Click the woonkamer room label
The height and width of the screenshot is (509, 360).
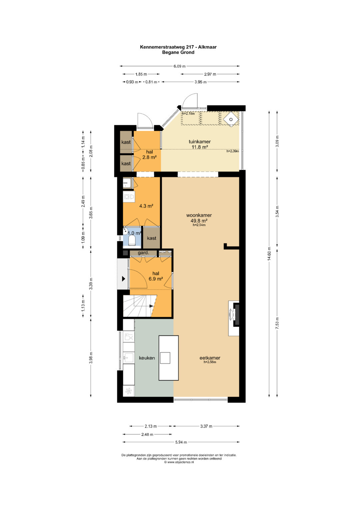tap(199, 215)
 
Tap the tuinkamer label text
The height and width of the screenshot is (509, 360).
tap(200, 142)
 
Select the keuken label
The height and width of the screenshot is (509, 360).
tap(147, 358)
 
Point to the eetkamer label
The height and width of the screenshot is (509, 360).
tap(210, 358)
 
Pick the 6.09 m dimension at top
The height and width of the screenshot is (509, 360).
tap(180, 66)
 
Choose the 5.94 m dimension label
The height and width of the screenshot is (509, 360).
tap(181, 442)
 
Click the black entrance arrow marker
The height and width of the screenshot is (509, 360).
tap(123, 279)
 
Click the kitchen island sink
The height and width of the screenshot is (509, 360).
tap(165, 358)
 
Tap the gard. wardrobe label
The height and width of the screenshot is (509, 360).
tap(143, 252)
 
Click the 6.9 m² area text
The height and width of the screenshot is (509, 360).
tap(156, 279)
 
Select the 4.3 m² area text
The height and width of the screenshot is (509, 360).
tap(146, 206)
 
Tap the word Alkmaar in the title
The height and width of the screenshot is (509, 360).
tap(207, 47)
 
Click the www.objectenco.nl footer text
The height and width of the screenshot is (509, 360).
tap(179, 462)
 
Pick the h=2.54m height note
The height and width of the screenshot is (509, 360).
tap(199, 225)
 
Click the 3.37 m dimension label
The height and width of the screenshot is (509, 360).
tap(206, 426)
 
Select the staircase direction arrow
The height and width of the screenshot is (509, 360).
tap(151, 306)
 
